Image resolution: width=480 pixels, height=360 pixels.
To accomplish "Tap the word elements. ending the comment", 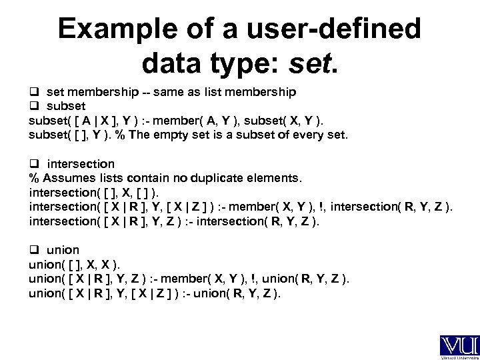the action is [x=276, y=178].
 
